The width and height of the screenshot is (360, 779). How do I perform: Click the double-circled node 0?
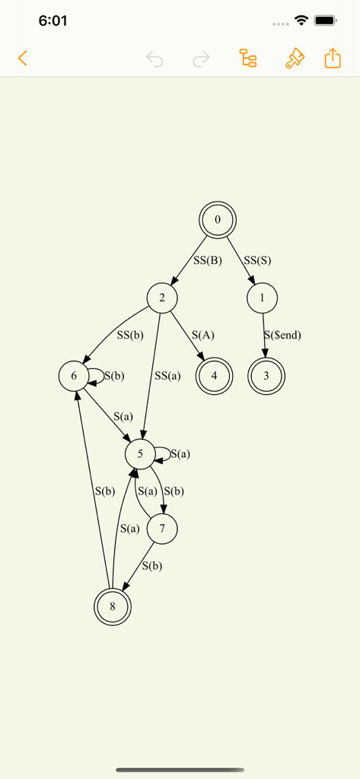point(217,220)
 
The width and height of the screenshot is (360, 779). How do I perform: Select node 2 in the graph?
point(162,297)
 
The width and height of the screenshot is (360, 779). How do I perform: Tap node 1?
point(262,297)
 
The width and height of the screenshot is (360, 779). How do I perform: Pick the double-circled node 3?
point(266,376)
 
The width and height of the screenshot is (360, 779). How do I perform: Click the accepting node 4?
point(214,376)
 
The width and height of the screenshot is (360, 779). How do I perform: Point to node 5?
point(140,453)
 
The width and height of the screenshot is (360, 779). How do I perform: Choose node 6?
point(74,376)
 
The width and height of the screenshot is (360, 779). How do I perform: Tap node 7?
point(162,529)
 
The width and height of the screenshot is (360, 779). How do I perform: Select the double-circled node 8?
point(113,606)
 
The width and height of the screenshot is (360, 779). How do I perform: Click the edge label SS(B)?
point(207,260)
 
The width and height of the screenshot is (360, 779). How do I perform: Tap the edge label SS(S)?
point(257,260)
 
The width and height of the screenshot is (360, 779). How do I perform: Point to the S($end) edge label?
point(282,335)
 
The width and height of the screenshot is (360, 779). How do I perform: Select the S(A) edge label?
point(203,335)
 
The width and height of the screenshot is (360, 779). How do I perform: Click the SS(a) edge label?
point(167,376)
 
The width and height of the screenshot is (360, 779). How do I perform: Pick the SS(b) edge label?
point(130,335)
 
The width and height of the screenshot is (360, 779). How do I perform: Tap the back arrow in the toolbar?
point(22,58)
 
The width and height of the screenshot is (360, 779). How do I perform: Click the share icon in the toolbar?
point(333,58)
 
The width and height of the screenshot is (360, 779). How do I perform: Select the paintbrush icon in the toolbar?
point(295,58)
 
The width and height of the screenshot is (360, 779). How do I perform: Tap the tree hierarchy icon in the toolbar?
point(247,58)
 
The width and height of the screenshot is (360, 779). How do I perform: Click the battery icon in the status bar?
point(326,21)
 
